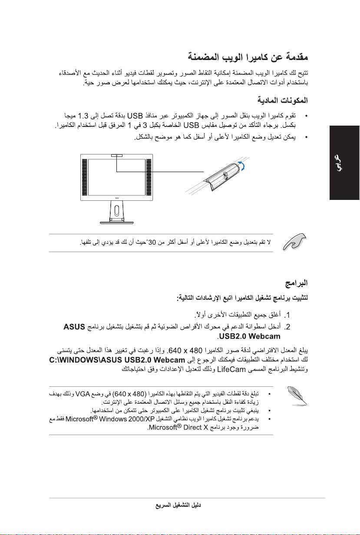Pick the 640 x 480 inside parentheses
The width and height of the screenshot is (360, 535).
(x=129, y=394)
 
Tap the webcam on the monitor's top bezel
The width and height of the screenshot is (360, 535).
(x=117, y=155)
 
